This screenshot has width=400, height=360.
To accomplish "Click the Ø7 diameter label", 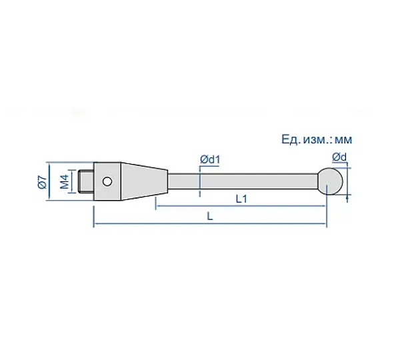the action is point(43,181).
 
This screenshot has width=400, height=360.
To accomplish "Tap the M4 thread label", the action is point(65,181).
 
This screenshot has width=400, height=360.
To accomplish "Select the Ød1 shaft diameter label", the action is point(210,159).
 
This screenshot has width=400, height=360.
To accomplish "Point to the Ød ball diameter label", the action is point(339,157).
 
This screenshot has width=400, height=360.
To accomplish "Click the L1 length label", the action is point(241,199).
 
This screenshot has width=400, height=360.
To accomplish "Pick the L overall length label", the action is point(210,217).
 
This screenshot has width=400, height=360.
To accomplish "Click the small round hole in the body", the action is point(107,181).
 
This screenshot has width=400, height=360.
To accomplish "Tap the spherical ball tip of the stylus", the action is point(331,181).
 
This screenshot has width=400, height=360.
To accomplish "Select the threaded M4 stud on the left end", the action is point(87,181).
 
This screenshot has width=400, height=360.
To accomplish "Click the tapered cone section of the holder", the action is point(144,181).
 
